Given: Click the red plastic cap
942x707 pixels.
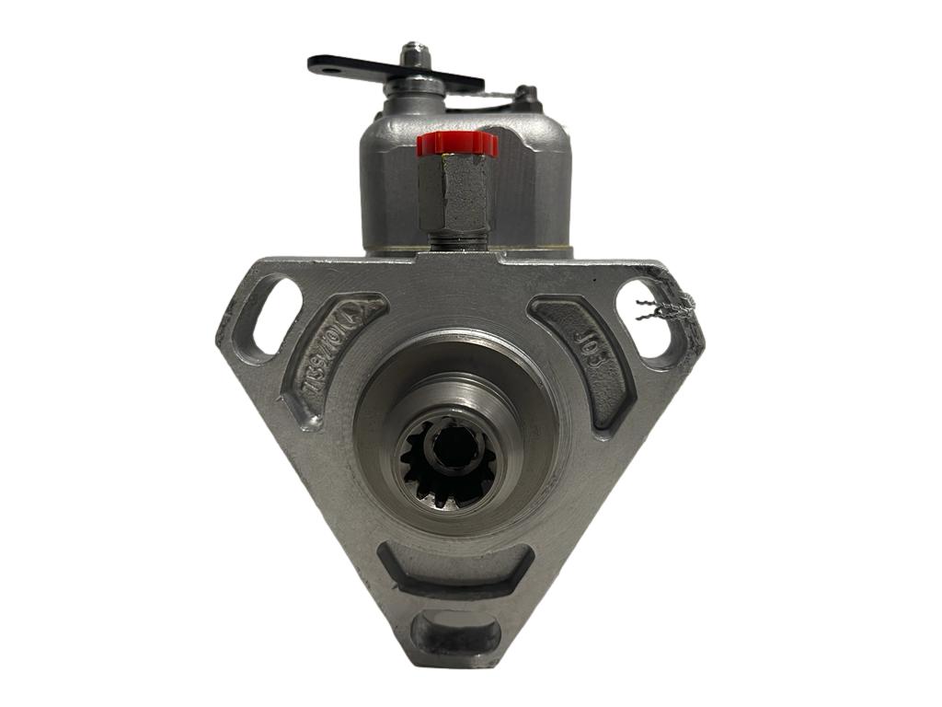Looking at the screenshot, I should click(456, 144).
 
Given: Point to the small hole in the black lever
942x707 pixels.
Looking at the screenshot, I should click(318, 62).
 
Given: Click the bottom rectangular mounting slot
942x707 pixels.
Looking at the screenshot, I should click(456, 634).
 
